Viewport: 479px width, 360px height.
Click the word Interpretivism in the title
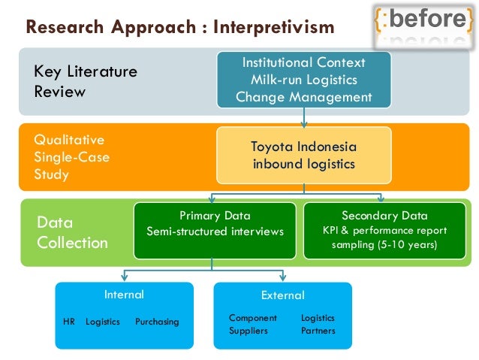tap(273, 28)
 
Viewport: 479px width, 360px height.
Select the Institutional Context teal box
tap(303, 79)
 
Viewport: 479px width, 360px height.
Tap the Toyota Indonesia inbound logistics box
tap(303, 155)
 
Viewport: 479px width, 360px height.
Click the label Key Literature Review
tap(86, 82)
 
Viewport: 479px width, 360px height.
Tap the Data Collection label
tap(72, 233)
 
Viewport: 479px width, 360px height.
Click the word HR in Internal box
tap(69, 322)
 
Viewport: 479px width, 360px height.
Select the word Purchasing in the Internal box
tap(157, 322)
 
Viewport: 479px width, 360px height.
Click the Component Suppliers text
tap(252, 324)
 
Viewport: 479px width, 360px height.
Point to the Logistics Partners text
tap(318, 324)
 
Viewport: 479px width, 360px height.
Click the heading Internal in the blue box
tap(124, 295)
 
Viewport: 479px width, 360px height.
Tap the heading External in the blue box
tap(282, 295)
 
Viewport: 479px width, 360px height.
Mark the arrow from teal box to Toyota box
tap(303, 116)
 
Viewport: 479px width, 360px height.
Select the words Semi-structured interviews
tap(215, 231)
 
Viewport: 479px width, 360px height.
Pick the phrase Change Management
tap(303, 96)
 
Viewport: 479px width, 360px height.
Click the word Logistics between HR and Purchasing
tap(102, 322)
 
